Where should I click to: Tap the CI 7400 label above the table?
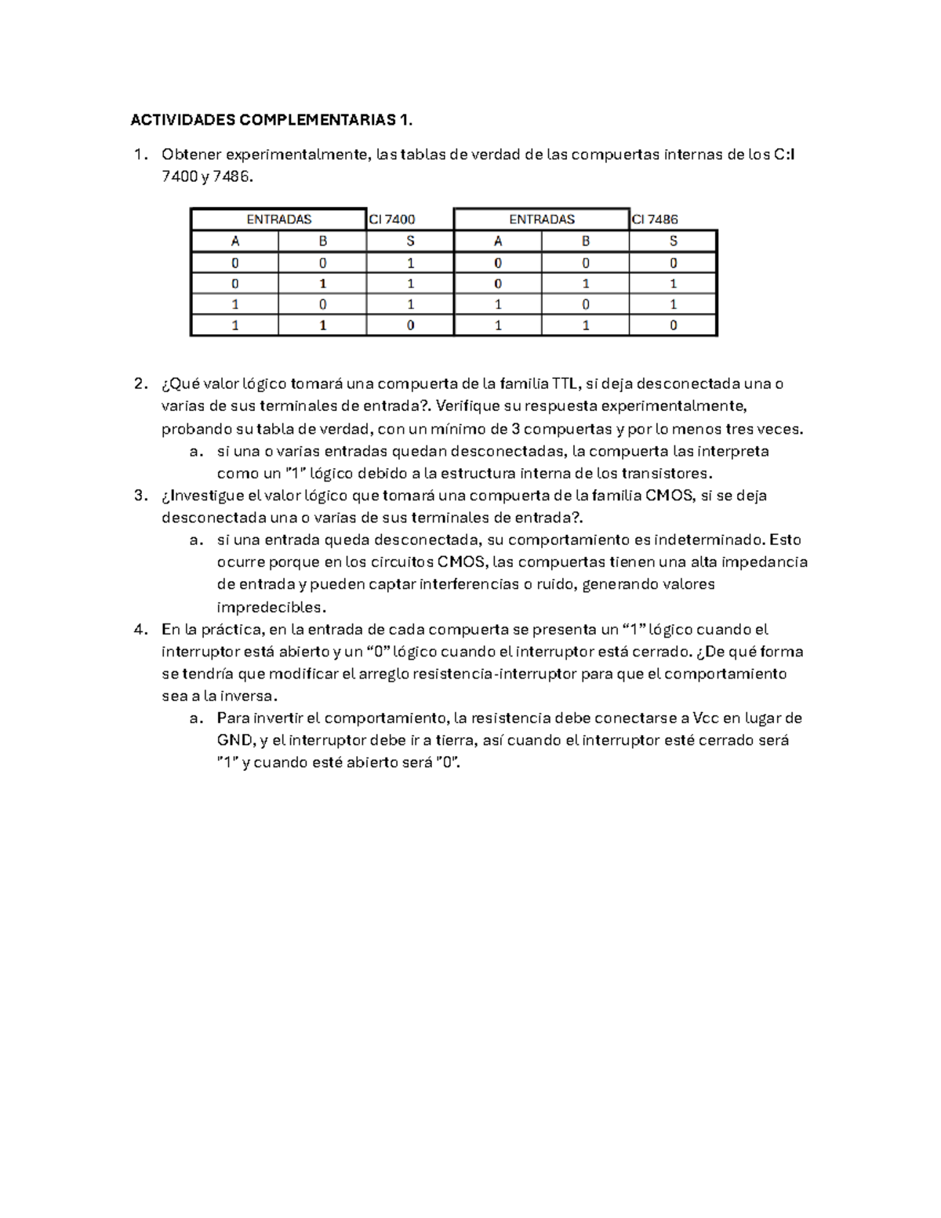tap(392, 220)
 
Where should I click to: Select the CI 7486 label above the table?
tap(655, 220)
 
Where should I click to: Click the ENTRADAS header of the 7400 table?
tap(279, 220)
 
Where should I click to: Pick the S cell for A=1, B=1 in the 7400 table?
tap(410, 325)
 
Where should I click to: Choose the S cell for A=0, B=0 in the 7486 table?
tap(673, 263)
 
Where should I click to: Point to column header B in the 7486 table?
tap(585, 242)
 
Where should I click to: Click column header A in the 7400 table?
tap(235, 242)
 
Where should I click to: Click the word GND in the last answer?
tap(235, 740)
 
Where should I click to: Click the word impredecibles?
tap(269, 607)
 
